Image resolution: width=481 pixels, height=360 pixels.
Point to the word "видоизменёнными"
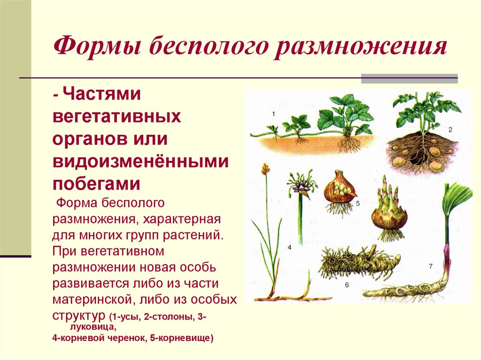click(x=140, y=161)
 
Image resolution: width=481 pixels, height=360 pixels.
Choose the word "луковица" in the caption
click(x=89, y=327)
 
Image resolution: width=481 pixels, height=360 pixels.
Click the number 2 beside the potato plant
click(x=450, y=129)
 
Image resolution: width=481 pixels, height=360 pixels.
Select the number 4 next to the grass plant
click(x=289, y=247)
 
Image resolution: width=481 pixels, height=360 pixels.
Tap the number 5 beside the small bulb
click(x=357, y=203)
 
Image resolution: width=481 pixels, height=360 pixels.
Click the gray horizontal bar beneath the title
click(x=409, y=78)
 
